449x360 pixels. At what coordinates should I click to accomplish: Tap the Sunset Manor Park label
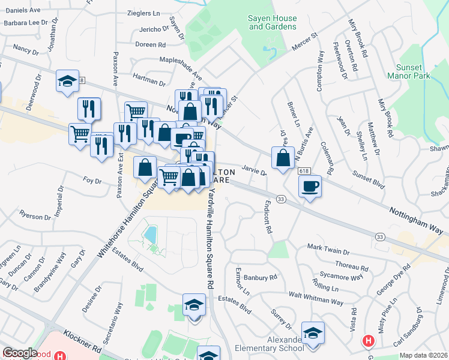click(417, 72)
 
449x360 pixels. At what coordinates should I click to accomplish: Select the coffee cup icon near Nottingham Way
click(310, 187)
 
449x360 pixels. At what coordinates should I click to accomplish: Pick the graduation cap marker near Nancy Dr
click(67, 81)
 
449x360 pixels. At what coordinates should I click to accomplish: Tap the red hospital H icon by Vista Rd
click(369, 341)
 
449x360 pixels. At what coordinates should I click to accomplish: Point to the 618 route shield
click(303, 171)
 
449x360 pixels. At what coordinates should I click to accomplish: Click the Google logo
click(20, 353)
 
